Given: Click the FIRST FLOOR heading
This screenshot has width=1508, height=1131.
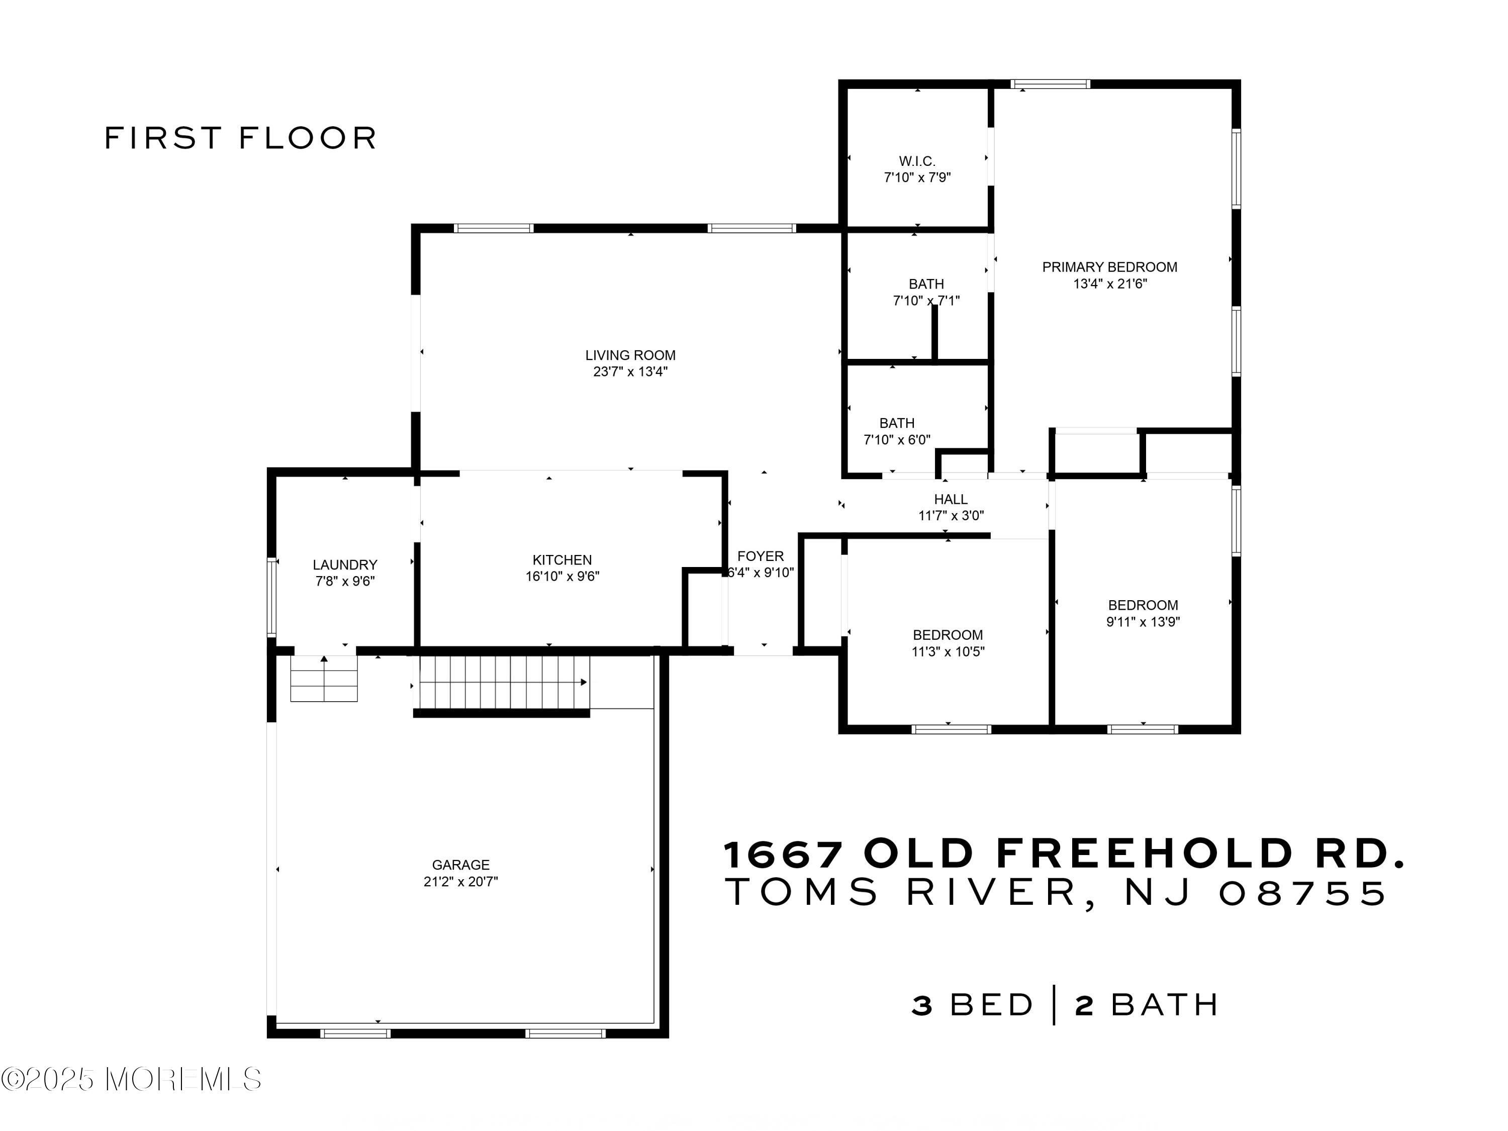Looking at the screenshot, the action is [x=240, y=138].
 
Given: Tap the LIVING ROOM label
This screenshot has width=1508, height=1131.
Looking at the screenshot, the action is [x=630, y=355].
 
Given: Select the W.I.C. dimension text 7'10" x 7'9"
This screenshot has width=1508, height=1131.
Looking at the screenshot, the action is [x=917, y=178].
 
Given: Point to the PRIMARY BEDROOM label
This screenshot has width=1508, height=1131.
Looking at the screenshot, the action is [x=1109, y=267].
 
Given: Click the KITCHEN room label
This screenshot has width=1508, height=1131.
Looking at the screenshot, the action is [x=562, y=559].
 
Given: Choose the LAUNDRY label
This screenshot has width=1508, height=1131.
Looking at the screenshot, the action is [x=344, y=564].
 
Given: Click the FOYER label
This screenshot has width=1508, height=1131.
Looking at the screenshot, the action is [x=760, y=556].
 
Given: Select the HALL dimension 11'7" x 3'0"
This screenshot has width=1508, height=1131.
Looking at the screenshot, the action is [x=951, y=516].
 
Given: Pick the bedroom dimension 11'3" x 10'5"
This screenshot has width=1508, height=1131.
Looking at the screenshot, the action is [x=948, y=652].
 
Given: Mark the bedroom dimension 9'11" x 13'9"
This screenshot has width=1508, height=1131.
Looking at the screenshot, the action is [x=1143, y=622].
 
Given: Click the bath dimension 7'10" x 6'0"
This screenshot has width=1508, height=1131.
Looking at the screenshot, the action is [x=896, y=440].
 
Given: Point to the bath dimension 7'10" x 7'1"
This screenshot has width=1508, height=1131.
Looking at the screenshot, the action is [x=926, y=301].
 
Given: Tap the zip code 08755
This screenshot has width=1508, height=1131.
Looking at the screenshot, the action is [x=1302, y=893].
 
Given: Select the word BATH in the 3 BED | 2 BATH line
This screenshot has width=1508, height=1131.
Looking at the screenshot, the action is [x=1164, y=1005].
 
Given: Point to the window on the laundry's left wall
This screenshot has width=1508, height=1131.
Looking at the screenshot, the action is [x=271, y=597].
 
